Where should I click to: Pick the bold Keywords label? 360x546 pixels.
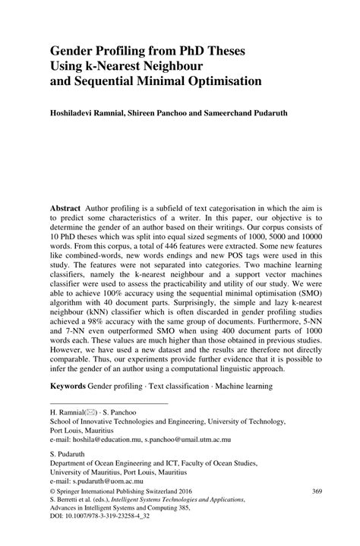(68, 407)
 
